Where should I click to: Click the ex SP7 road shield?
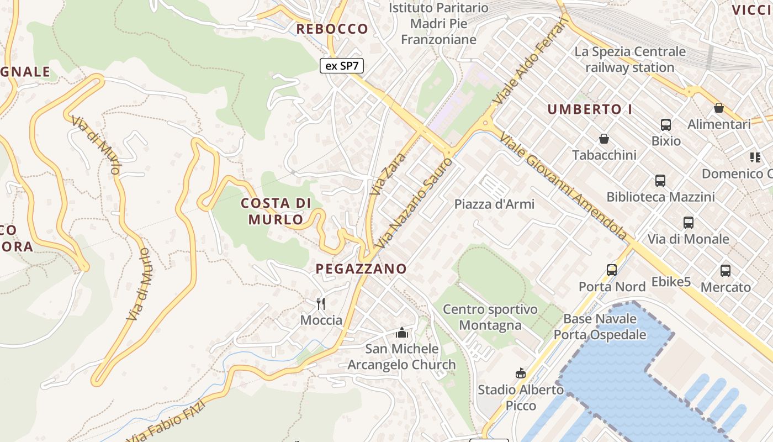pyautogui.click(x=342, y=66)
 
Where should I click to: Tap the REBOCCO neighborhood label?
pyautogui.click(x=332, y=29)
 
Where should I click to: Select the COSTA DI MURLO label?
pyautogui.click(x=276, y=211)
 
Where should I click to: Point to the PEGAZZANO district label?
pyautogui.click(x=361, y=269)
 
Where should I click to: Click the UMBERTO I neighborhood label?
pyautogui.click(x=590, y=109)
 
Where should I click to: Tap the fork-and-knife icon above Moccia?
pyautogui.click(x=321, y=303)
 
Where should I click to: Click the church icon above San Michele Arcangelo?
pyautogui.click(x=401, y=333)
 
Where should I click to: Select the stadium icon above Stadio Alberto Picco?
pyautogui.click(x=520, y=373)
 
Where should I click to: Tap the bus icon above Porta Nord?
pyautogui.click(x=612, y=270)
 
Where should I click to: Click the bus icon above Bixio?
pyautogui.click(x=666, y=125)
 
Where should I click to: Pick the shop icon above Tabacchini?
pyautogui.click(x=604, y=139)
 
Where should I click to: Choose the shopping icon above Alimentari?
pyautogui.click(x=719, y=108)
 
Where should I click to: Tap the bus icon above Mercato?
pyautogui.click(x=726, y=271)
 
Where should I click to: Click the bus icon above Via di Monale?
pyautogui.click(x=689, y=223)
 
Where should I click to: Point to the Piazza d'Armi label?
pyautogui.click(x=494, y=204)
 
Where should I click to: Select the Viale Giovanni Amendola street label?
pyautogui.click(x=564, y=186)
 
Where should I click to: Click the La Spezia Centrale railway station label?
pyautogui.click(x=630, y=60)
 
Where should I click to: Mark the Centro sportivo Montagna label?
pyautogui.click(x=490, y=317)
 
